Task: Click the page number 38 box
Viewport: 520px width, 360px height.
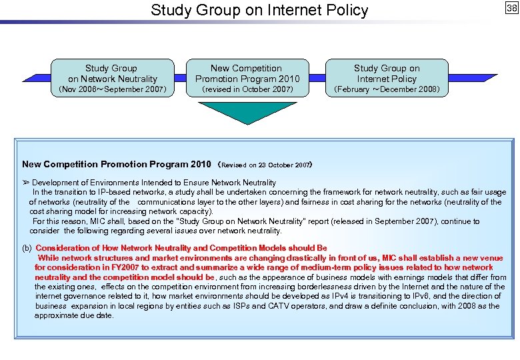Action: click(511, 8)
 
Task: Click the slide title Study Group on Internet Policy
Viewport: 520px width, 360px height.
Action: click(259, 10)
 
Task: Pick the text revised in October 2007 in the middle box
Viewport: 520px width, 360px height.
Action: click(247, 89)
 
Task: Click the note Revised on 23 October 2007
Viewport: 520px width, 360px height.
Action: click(265, 165)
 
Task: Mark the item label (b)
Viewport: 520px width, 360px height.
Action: click(27, 248)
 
